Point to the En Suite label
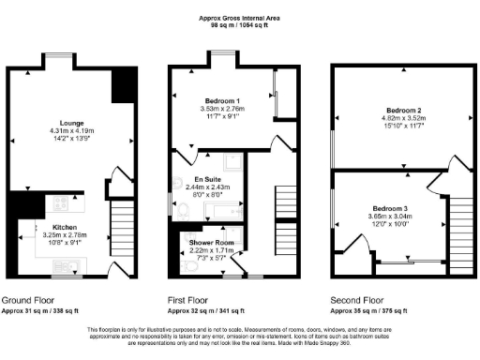(207, 179)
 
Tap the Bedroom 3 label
(388, 207)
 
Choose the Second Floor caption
(357, 301)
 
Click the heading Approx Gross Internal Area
(240, 18)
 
